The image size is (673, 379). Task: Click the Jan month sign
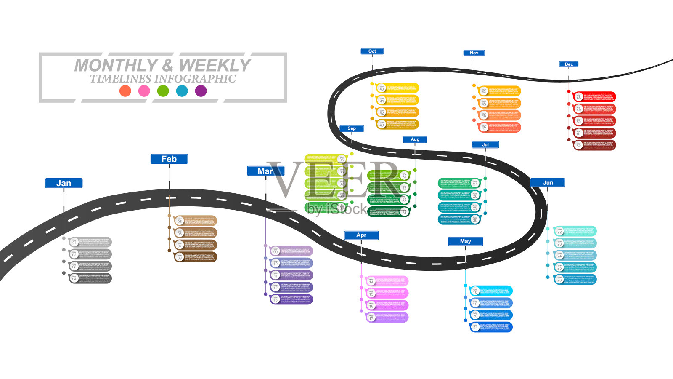pos(64,183)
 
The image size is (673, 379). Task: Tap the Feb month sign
pos(169,159)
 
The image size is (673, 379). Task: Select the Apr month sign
pos(361,235)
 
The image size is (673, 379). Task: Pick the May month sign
pos(465,241)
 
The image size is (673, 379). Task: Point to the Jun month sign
pos(548,183)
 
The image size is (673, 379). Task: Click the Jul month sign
pos(485,144)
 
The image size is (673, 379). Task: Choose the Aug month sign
pos(415,139)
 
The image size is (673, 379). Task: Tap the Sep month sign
pos(352,128)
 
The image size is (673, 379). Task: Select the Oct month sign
pos(372,51)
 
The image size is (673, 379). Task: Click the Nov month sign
pos(474,53)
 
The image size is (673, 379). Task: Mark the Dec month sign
pos(569,64)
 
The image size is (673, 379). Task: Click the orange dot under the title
pos(125,91)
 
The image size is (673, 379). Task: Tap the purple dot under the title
pos(201,91)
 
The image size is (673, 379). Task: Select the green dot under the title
pos(163,91)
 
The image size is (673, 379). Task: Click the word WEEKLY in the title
pos(215,65)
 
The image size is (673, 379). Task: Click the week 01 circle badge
pos(74,242)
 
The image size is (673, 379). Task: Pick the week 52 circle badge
pos(579,145)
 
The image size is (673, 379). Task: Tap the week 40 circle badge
pos(382,88)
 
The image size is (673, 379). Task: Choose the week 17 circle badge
pos(371,318)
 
